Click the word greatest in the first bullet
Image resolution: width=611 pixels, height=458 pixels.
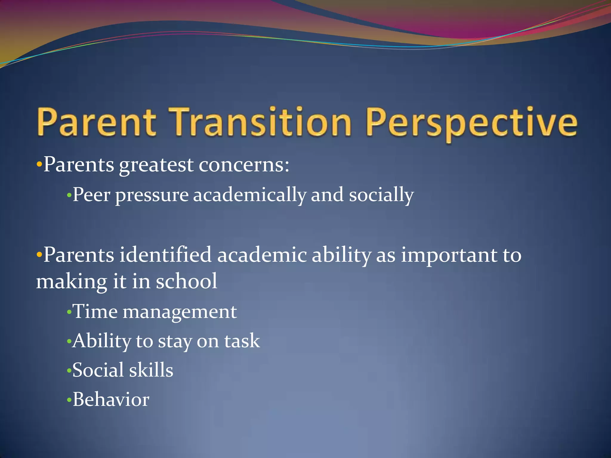pyautogui.click(x=156, y=165)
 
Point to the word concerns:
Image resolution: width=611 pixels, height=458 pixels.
pyautogui.click(x=244, y=165)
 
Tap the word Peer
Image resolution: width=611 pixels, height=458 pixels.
pyautogui.click(x=91, y=195)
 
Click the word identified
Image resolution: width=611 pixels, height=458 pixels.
pyautogui.click(x=166, y=255)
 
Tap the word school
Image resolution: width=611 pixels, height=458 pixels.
pyautogui.click(x=187, y=281)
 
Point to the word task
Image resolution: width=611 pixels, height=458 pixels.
pyautogui.click(x=242, y=341)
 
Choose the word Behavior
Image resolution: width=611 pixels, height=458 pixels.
pyautogui.click(x=111, y=400)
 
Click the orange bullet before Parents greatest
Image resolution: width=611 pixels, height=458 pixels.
pyautogui.click(x=39, y=165)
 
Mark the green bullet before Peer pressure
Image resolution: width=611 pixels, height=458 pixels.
pyautogui.click(x=69, y=196)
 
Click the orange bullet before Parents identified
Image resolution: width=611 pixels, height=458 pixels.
pyautogui.click(x=39, y=255)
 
